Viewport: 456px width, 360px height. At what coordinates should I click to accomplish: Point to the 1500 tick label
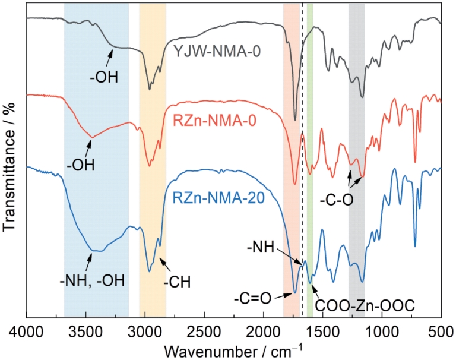point(323,328)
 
